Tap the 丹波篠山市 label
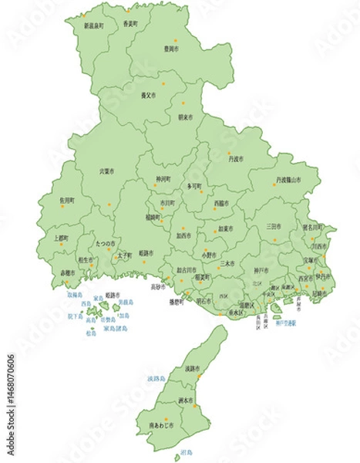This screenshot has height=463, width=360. point(288,180)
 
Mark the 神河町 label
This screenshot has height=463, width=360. point(163,179)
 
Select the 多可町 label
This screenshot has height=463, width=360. point(194,187)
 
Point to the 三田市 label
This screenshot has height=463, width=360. point(273,226)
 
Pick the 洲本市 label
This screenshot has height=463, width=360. point(185,400)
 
